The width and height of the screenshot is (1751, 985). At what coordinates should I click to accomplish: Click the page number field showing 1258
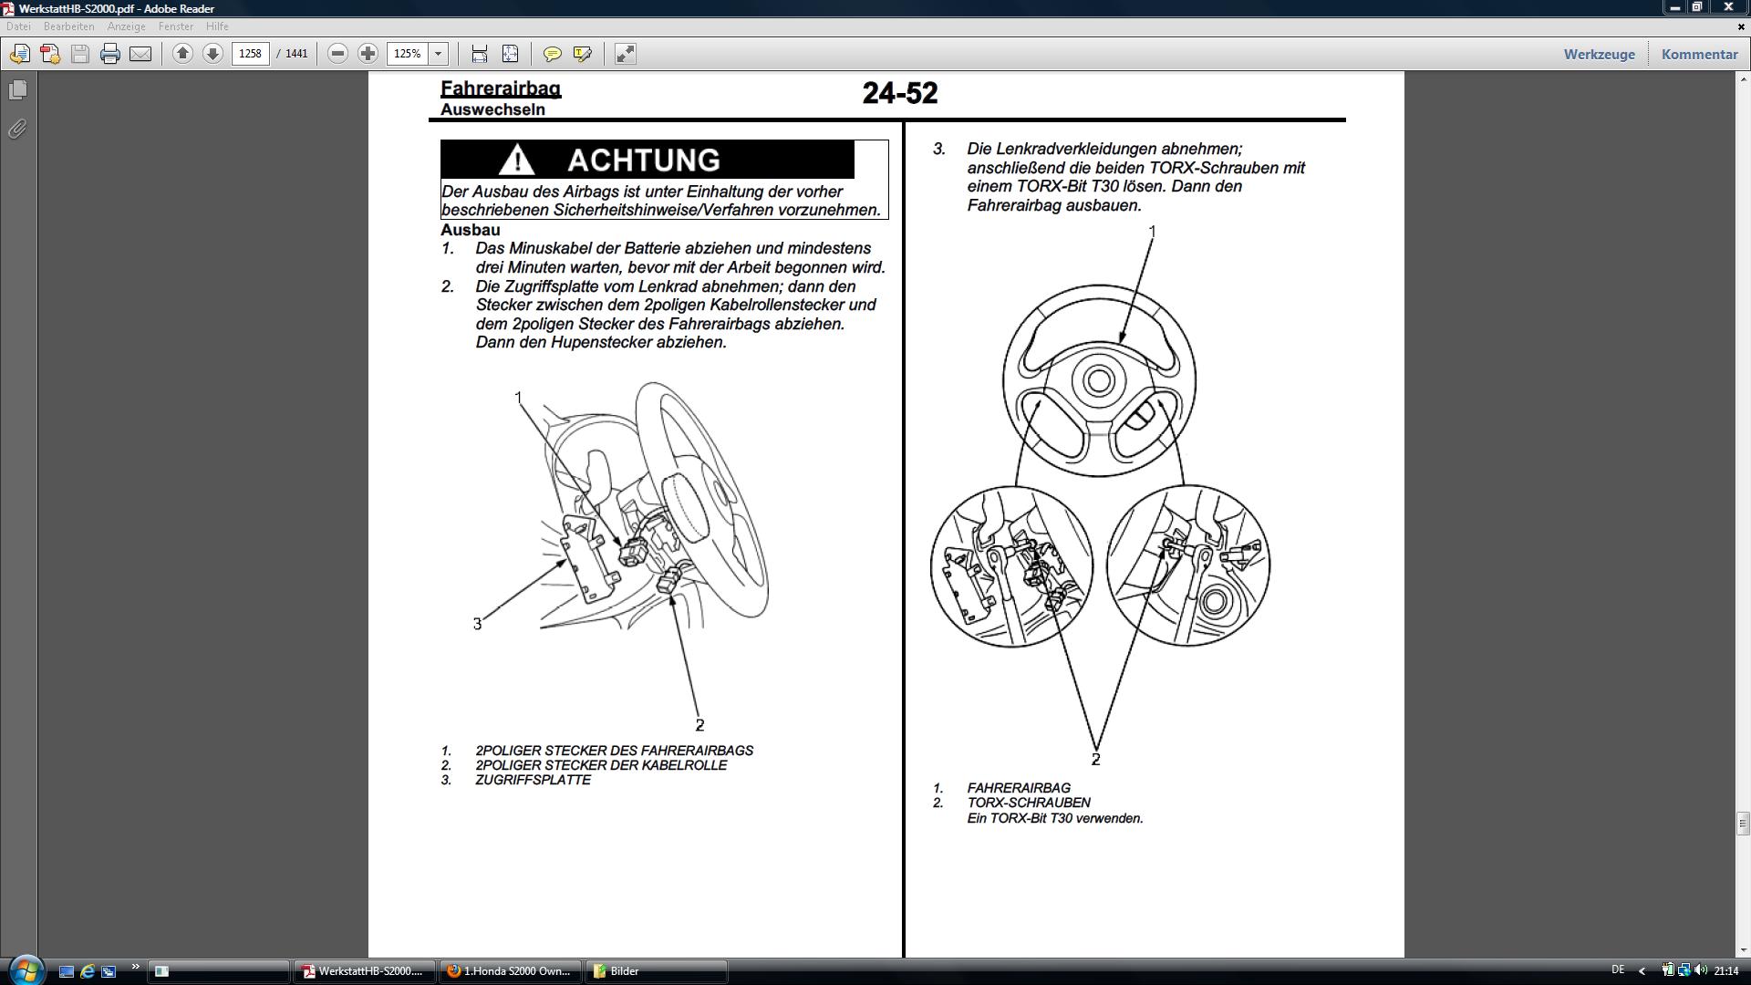pyautogui.click(x=250, y=54)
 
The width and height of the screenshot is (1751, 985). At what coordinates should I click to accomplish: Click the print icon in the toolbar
pyautogui.click(x=110, y=54)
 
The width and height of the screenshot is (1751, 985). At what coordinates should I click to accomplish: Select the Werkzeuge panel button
pyautogui.click(x=1599, y=54)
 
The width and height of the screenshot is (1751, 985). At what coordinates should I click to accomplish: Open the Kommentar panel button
pyautogui.click(x=1699, y=54)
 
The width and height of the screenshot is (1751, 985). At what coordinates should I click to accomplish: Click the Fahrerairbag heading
pyautogui.click(x=501, y=88)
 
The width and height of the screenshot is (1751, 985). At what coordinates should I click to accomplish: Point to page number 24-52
pyautogui.click(x=899, y=93)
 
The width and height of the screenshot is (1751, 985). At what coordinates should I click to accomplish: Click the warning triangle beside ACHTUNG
pyautogui.click(x=516, y=160)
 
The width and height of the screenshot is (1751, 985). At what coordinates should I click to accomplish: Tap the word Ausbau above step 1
pyautogui.click(x=471, y=230)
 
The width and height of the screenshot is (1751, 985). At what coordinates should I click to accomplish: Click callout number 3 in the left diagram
pyautogui.click(x=477, y=624)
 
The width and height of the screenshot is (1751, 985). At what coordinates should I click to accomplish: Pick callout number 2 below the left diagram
pyautogui.click(x=699, y=725)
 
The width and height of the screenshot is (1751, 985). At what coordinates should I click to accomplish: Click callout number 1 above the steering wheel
pyautogui.click(x=1152, y=233)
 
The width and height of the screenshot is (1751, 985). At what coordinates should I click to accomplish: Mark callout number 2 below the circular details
pyautogui.click(x=1095, y=759)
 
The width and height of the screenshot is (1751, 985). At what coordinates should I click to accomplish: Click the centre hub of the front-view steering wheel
pyautogui.click(x=1098, y=380)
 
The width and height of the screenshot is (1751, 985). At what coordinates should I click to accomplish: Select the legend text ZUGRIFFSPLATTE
pyautogui.click(x=533, y=780)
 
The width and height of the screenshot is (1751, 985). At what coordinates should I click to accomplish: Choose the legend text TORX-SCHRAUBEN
pyautogui.click(x=1029, y=803)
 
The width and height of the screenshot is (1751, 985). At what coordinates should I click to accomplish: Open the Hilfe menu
pyautogui.click(x=217, y=26)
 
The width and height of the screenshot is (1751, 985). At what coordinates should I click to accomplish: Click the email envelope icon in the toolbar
pyautogui.click(x=140, y=54)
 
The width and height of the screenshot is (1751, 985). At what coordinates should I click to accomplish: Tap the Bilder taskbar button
pyautogui.click(x=625, y=971)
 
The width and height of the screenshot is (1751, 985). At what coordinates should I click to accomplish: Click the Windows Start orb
pyautogui.click(x=26, y=969)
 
